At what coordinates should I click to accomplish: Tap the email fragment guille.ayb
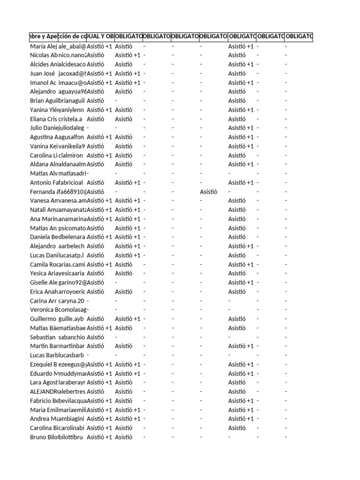[x=71, y=319]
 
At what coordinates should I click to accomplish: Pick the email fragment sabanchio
[x=72, y=337]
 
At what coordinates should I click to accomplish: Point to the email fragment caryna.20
[x=71, y=300]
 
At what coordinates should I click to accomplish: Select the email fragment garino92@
[x=72, y=283]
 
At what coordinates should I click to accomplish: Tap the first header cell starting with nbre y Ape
[x=43, y=36]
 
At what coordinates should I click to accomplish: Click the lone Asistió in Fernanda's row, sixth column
[x=209, y=192]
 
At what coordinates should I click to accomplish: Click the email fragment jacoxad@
[x=72, y=74]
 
